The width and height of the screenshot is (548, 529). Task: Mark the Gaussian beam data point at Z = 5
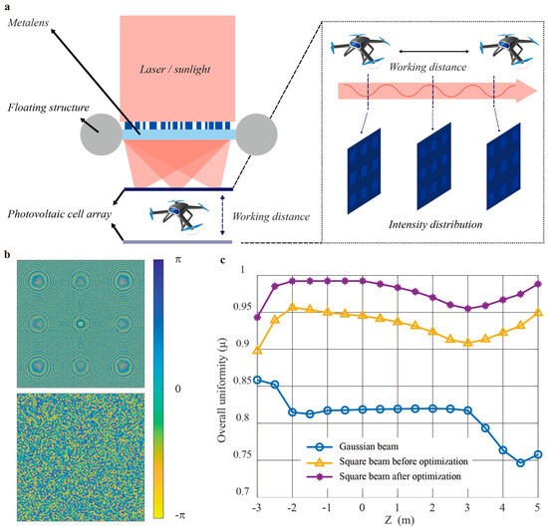pos(538,453)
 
